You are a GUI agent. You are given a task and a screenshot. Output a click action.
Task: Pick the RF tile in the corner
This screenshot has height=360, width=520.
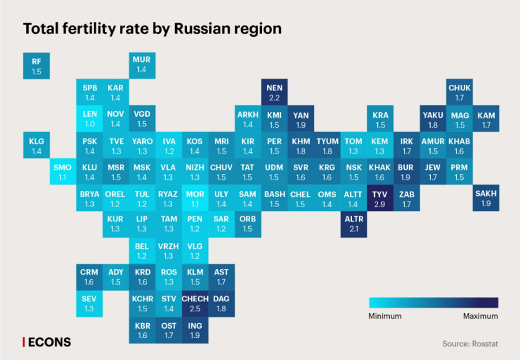click(36, 66)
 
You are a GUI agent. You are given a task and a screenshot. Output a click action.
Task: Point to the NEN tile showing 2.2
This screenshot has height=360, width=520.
click(274, 93)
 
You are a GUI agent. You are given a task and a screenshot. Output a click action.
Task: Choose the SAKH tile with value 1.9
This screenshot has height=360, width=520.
click(486, 199)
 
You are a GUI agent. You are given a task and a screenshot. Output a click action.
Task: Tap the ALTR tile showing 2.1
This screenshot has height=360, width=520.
click(354, 224)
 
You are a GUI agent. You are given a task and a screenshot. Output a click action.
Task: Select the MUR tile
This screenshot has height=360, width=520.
click(142, 66)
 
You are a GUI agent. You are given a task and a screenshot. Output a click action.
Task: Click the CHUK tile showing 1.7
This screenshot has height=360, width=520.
click(459, 93)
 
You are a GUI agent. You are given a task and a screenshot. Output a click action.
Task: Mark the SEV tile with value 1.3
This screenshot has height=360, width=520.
click(89, 304)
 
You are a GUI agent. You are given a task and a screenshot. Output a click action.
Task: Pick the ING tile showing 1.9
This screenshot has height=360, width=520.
click(195, 330)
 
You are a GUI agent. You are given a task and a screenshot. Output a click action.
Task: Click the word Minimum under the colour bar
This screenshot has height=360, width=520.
click(385, 316)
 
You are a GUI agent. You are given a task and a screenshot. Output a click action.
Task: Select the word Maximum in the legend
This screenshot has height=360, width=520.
click(480, 316)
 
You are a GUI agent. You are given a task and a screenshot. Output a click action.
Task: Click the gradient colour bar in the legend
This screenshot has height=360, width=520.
click(433, 303)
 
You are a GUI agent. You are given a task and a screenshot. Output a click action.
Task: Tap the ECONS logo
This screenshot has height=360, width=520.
click(48, 342)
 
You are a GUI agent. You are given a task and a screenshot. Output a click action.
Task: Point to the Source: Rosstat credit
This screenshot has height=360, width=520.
click(470, 344)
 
